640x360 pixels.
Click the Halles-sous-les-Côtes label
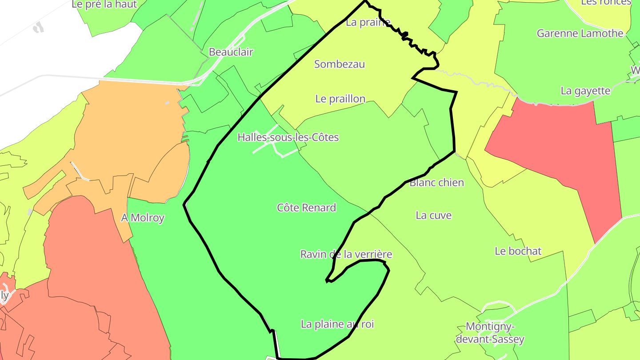288,137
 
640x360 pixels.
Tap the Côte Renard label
306,208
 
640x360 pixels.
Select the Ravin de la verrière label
346,254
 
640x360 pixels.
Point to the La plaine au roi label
337,324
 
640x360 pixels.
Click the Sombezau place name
340,64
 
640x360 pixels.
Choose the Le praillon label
340,99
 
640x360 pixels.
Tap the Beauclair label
231,52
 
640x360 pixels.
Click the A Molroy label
143,218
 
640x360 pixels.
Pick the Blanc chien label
436,182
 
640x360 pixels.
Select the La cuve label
433,216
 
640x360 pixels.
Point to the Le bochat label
518,251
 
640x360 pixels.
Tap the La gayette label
585,91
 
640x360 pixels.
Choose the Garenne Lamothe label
580,33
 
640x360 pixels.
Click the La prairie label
368,22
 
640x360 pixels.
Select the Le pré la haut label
104,4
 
